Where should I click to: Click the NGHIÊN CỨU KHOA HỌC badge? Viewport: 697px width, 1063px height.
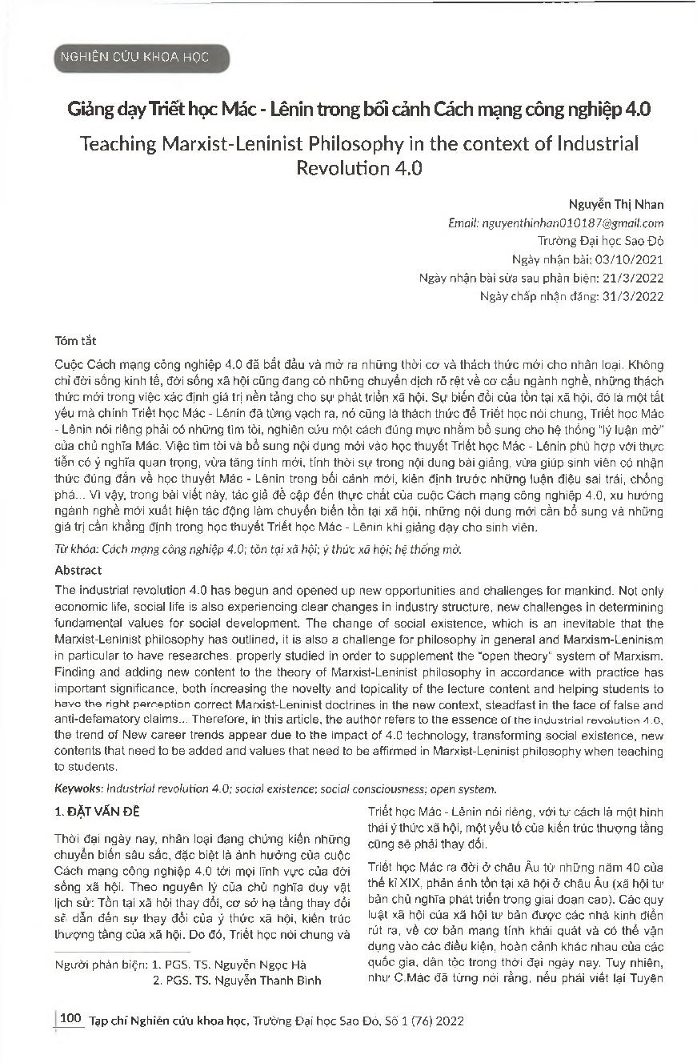(141, 58)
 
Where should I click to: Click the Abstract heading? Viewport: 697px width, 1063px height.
(78, 571)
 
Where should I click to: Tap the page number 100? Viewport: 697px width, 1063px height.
(71, 1019)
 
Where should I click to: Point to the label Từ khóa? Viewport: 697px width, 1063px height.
(74, 549)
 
